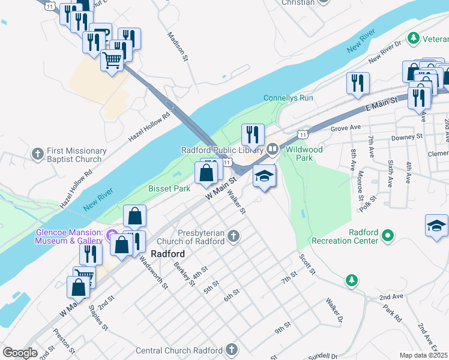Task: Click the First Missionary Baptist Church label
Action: click(x=74, y=155)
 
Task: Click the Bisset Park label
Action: click(x=169, y=188)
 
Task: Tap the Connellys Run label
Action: click(x=288, y=98)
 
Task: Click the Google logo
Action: click(x=20, y=353)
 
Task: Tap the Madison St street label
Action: click(x=178, y=47)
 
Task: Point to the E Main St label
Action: click(x=381, y=106)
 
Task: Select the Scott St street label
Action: click(x=307, y=264)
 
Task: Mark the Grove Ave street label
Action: click(x=345, y=128)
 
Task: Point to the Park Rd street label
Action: click(x=393, y=316)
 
